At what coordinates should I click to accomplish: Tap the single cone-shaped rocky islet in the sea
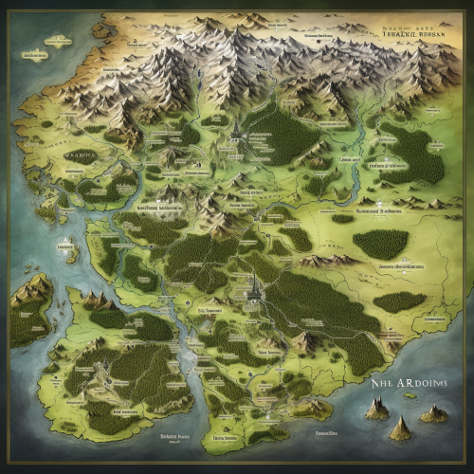(400, 428)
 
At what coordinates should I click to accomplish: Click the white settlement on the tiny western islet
(68, 245)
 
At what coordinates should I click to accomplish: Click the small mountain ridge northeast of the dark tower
(327, 258)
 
